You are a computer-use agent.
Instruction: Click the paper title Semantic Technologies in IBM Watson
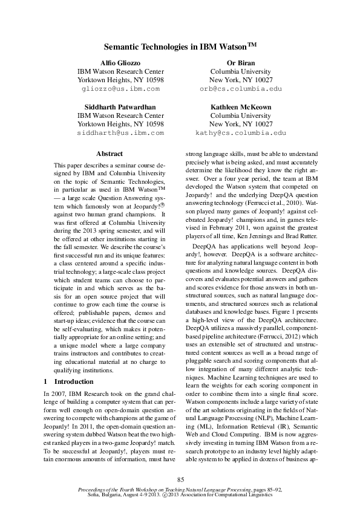pos(180,46)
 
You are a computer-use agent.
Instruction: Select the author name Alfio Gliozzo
pos(120,63)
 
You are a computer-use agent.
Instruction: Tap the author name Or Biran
pos(240,63)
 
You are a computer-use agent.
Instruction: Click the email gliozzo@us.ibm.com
pos(120,89)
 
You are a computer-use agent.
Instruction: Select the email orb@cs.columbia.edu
pos(240,89)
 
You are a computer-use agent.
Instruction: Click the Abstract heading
pos(110,154)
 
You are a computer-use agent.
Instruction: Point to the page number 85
pos(180,479)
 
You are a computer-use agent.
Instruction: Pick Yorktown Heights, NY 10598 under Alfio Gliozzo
pos(120,80)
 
